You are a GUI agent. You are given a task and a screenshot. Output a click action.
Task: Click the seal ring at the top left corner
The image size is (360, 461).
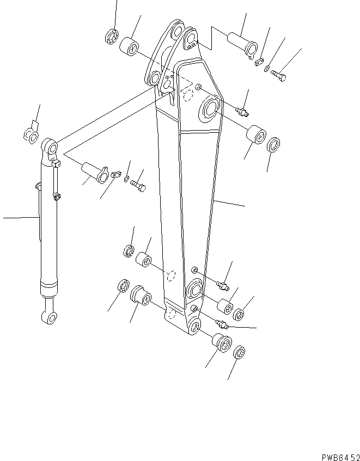click(112, 37)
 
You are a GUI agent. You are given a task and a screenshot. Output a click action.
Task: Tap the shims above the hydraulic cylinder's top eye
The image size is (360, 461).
click(29, 133)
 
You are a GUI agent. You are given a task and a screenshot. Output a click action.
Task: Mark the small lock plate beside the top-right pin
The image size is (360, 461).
click(259, 63)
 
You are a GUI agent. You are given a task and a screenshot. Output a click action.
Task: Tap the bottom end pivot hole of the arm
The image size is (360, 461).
click(194, 327)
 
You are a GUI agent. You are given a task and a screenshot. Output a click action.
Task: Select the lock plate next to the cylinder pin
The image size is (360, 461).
click(115, 175)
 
